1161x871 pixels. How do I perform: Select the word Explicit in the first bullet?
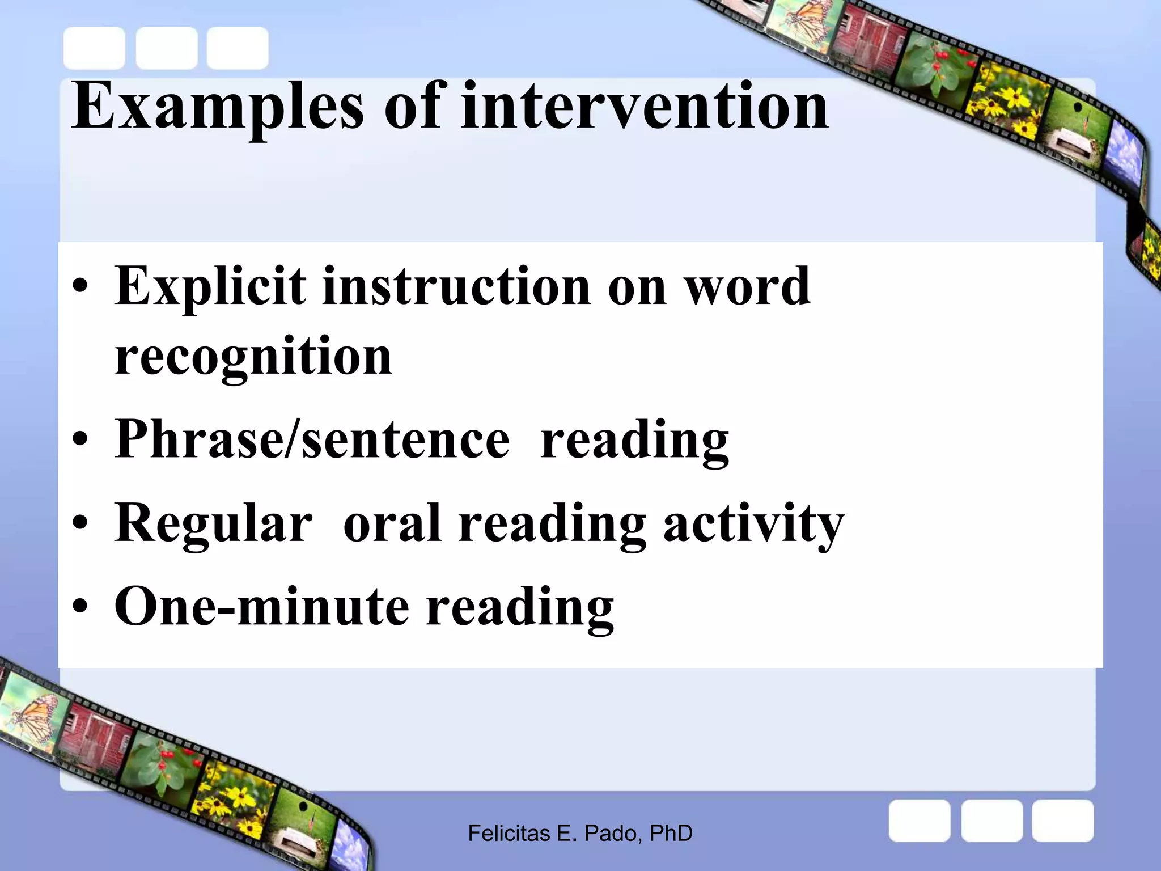click(210, 287)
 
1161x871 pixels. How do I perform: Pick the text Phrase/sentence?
click(312, 439)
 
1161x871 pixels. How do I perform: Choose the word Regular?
click(213, 524)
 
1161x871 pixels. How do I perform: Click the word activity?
click(753, 524)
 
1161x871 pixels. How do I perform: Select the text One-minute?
click(261, 607)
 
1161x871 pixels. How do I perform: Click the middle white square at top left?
click(167, 48)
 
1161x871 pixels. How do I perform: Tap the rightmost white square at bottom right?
click(1062, 821)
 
